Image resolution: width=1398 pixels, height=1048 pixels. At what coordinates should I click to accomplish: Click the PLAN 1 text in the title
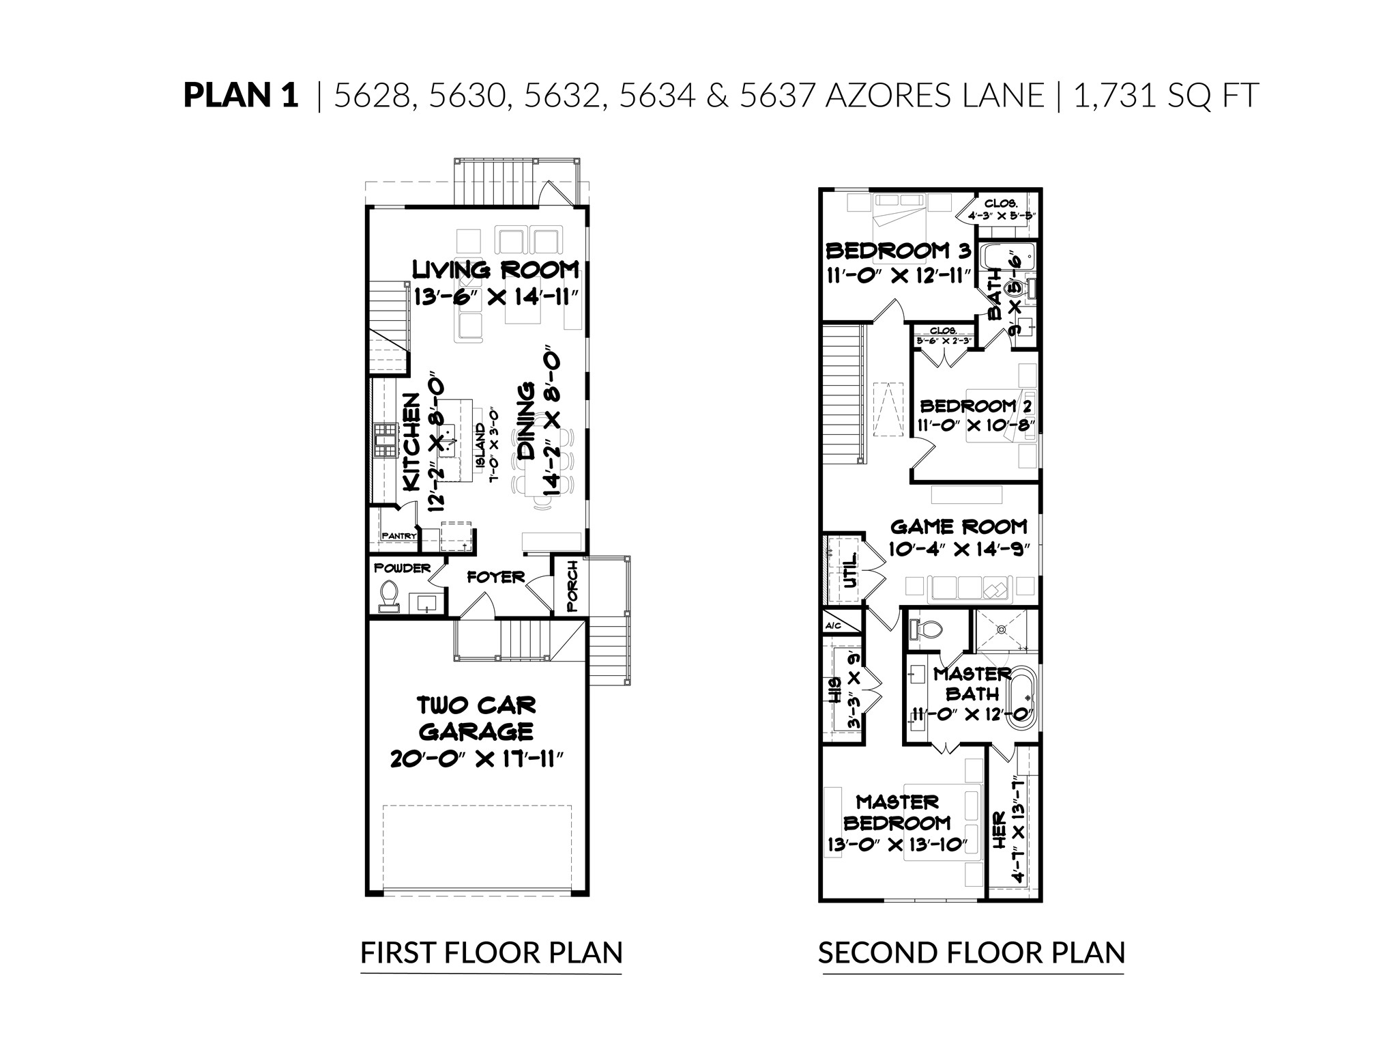point(240,96)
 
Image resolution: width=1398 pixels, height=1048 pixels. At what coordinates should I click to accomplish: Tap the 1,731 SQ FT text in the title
point(1165,96)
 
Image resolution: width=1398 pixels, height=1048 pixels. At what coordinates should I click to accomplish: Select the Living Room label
point(495,270)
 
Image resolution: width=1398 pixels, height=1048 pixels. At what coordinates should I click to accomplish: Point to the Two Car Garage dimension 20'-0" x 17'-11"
point(477,759)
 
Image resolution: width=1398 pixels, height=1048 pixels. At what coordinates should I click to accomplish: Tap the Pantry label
point(398,536)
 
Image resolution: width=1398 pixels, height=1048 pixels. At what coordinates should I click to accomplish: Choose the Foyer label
point(495,578)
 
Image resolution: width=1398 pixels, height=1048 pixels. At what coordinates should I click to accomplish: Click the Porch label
point(572,586)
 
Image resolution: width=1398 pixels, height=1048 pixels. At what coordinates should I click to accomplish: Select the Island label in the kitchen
point(480,444)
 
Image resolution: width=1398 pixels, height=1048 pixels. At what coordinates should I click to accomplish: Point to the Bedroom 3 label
point(898,251)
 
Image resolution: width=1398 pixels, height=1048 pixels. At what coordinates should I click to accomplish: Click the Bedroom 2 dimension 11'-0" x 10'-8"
point(976,425)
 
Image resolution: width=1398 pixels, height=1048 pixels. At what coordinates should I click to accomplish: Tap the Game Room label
point(959,526)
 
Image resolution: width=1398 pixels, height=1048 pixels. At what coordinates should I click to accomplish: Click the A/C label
point(833,626)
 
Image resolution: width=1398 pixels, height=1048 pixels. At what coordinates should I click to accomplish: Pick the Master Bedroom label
point(897,812)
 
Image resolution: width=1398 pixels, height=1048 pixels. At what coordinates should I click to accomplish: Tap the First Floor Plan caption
point(491,952)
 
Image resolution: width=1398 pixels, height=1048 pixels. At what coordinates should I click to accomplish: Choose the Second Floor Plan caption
point(971,952)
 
